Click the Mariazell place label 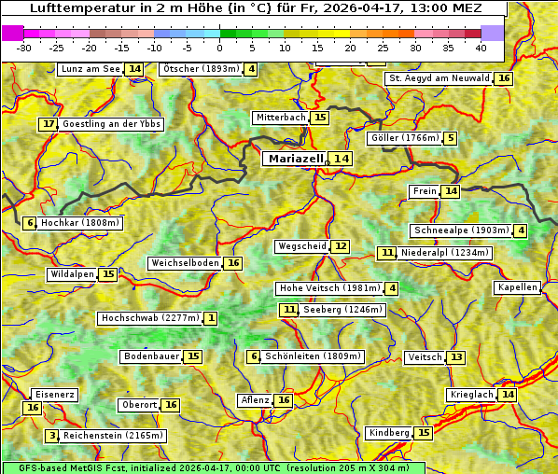295,159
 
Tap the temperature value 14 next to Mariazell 342,159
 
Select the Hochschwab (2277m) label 150,318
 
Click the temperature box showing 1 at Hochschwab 212,318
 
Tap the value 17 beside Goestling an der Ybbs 49,124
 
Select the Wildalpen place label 73,274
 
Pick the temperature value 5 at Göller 451,138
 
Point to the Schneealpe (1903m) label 461,230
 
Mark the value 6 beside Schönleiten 254,356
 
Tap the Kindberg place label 389,433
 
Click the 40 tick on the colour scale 481,47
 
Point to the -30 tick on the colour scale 24,47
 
